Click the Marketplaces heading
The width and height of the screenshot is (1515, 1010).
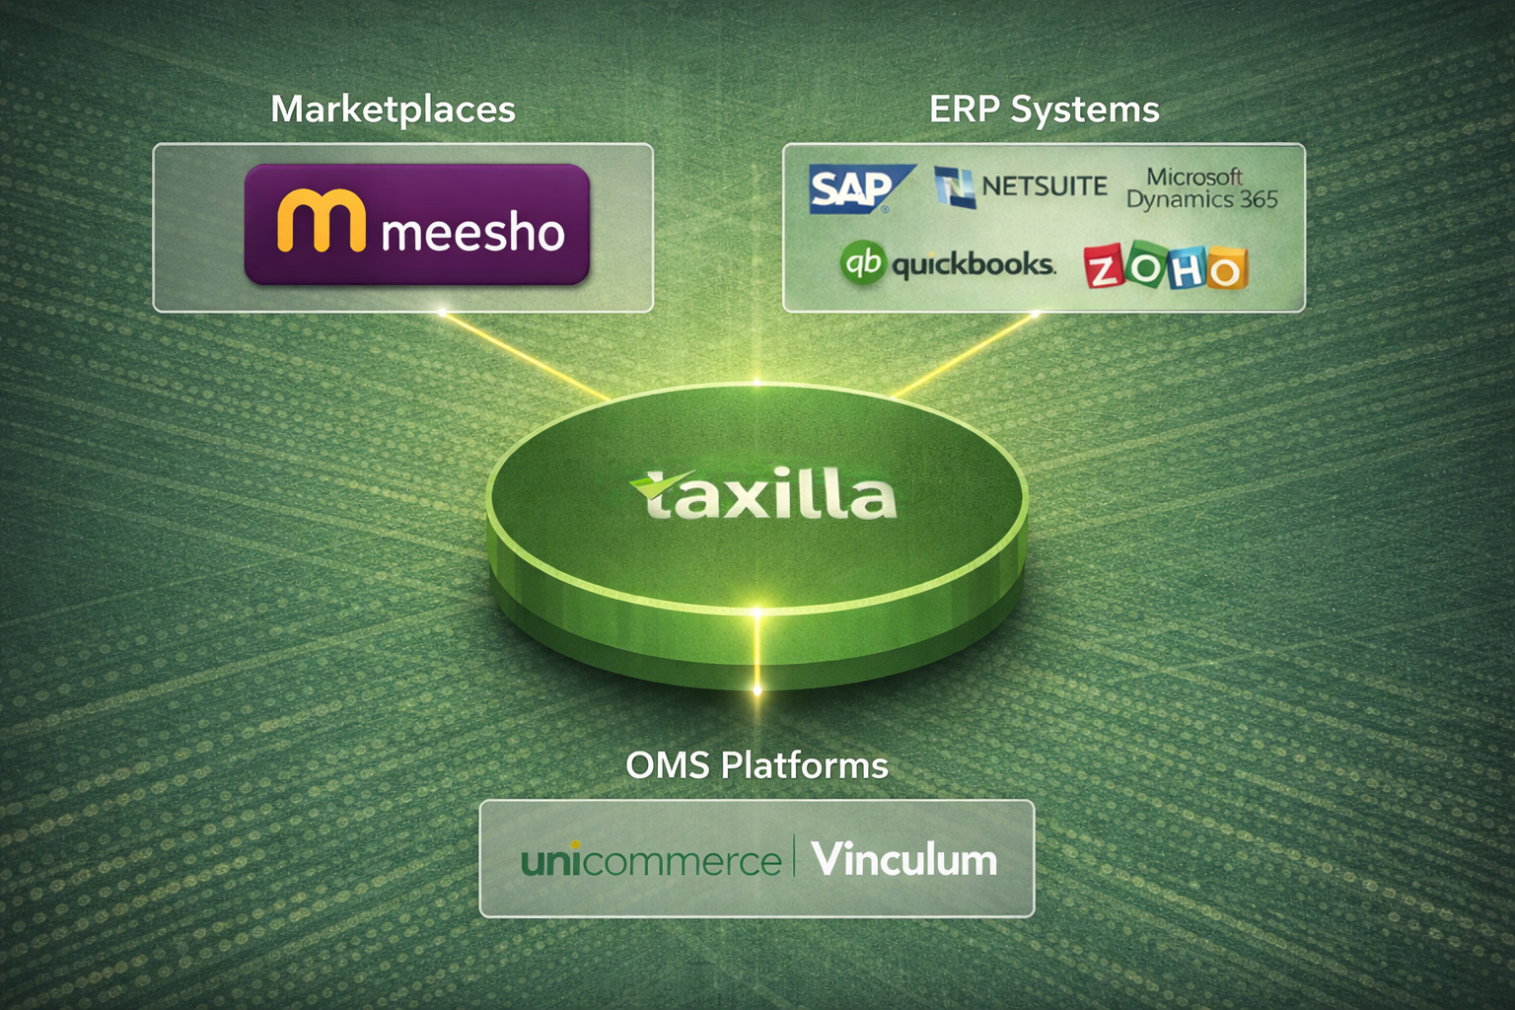[393, 109]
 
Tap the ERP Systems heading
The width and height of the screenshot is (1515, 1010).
[1044, 109]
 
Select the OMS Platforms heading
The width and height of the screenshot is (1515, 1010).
[757, 765]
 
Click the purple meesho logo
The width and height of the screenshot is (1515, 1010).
[416, 225]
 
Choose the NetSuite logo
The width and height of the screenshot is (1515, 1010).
[1022, 186]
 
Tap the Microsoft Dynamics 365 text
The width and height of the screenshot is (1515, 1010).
[1200, 188]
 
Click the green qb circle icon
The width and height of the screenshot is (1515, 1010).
[863, 263]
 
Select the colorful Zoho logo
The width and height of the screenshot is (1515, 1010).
[1165, 267]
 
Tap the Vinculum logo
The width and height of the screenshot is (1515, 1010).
[903, 859]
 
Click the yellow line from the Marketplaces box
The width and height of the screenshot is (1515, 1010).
[523, 355]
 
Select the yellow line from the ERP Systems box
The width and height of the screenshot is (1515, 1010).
[967, 355]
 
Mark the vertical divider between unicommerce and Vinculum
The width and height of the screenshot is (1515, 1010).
[795, 856]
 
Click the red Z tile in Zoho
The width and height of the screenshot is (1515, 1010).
[1104, 268]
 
